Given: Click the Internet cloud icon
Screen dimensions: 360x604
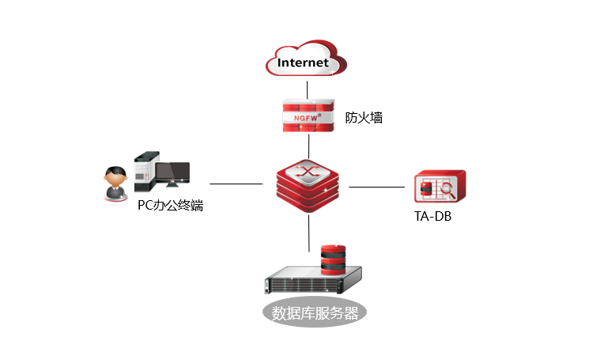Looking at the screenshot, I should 308,59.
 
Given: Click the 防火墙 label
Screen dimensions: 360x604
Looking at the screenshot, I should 364,118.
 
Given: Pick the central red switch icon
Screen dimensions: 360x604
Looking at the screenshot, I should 308,187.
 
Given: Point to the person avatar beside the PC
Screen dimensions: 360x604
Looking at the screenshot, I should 115,184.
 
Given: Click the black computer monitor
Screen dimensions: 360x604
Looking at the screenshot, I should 172,173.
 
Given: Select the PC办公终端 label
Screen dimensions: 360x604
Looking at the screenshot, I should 170,207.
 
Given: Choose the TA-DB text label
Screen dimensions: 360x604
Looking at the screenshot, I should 433,216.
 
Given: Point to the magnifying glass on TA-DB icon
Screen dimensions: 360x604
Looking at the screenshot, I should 447,189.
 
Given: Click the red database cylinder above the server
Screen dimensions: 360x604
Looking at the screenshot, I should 333,259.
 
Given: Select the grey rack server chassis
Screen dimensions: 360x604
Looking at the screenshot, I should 312,282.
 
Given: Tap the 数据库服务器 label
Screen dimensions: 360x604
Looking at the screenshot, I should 315,312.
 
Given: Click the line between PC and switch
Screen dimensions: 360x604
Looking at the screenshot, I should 236,184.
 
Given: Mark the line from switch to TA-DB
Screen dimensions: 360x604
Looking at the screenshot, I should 376,188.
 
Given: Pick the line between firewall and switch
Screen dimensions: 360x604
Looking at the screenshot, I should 308,146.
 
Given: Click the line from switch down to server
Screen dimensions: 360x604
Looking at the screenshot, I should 308,233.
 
